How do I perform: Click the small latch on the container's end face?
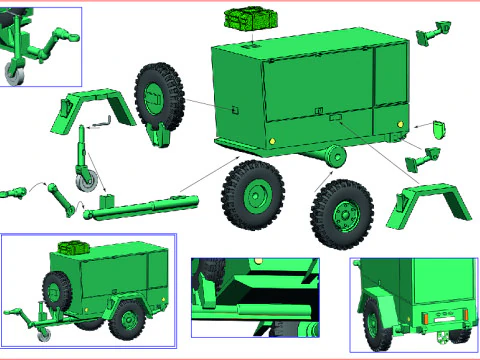point(233,108)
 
